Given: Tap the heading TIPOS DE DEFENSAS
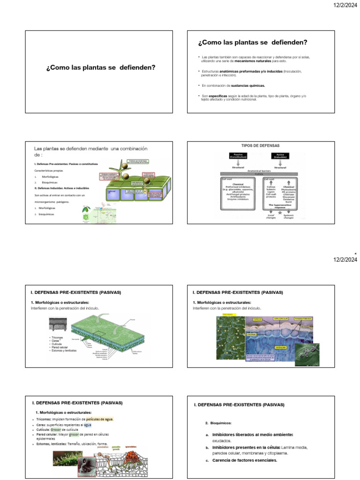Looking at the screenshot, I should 260,146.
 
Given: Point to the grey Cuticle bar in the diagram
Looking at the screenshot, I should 259,174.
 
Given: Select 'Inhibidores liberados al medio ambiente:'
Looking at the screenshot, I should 253,435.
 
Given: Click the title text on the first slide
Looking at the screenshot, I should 101,67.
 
